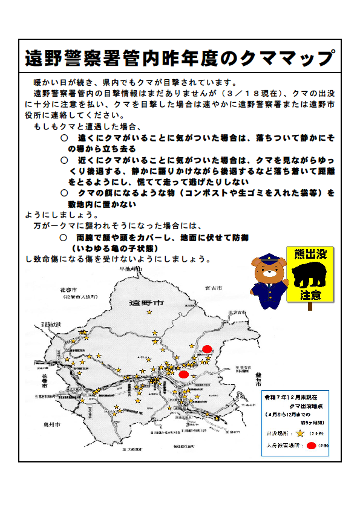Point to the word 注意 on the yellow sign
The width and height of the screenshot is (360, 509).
[x=310, y=295]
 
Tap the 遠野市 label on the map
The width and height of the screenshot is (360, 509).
[x=147, y=303]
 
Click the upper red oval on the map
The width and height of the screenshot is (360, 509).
[x=208, y=349]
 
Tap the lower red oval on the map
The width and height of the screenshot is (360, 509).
[x=184, y=374]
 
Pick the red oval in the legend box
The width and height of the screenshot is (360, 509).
[x=311, y=446]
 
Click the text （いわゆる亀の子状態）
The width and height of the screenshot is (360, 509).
[x=115, y=248]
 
